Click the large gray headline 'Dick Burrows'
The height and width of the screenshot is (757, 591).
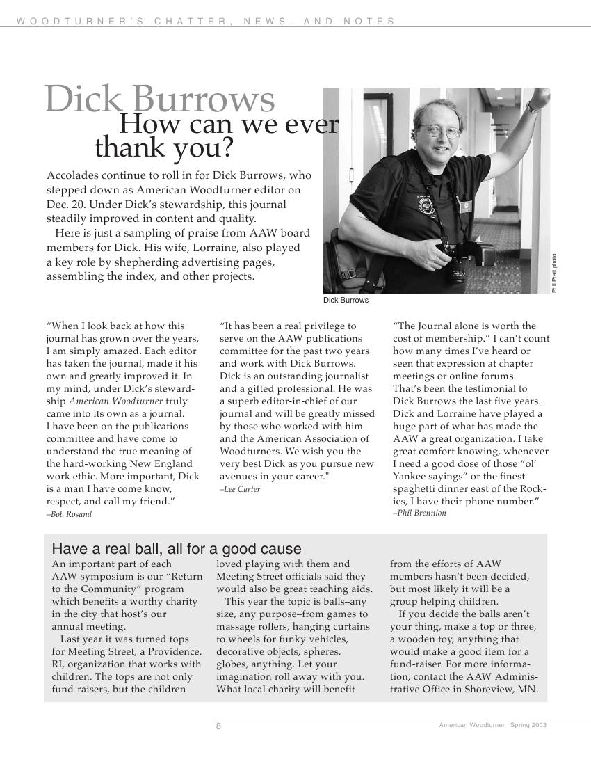coord(160,99)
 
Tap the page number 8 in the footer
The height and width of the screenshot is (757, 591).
coord(218,726)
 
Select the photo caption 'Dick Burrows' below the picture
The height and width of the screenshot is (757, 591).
coord(346,301)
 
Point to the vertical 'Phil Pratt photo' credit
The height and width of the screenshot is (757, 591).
coord(554,273)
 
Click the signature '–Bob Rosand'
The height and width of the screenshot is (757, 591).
coord(69,514)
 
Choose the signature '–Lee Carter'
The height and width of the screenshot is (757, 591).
coord(240,489)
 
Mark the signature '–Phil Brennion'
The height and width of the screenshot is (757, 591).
coord(419,513)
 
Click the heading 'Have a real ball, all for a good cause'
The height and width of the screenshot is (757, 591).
coord(177,548)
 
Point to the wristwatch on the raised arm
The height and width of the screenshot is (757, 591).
coord(532,106)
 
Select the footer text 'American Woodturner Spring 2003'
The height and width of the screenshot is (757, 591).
coord(492,725)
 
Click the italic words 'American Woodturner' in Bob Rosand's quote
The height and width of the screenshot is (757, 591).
coord(115,401)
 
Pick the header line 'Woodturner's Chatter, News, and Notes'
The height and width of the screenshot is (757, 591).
coord(206,21)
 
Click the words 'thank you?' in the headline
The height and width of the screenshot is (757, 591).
coord(163,148)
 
